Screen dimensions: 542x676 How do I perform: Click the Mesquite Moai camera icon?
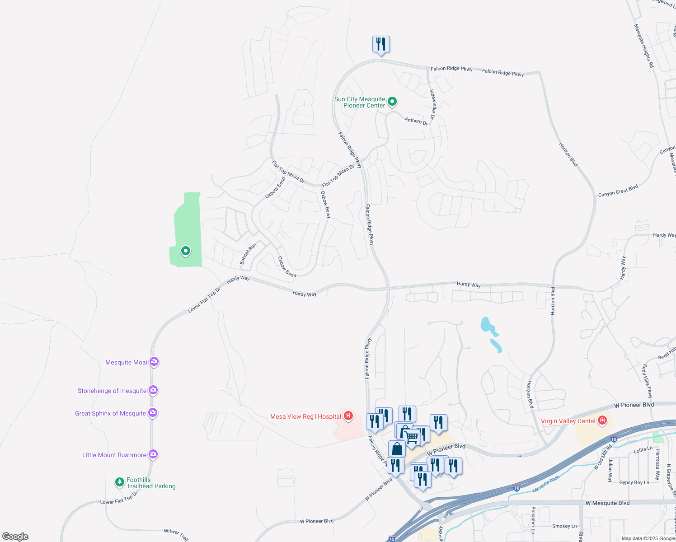click(154, 361)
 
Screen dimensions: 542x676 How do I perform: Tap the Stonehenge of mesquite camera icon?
click(153, 390)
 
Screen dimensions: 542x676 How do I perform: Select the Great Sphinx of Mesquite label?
click(111, 413)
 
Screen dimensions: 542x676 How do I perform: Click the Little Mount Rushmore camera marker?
click(153, 454)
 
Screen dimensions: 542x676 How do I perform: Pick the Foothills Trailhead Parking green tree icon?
click(119, 482)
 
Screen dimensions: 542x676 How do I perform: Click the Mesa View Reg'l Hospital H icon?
click(348, 416)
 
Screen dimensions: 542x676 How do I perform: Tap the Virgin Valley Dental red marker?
click(602, 421)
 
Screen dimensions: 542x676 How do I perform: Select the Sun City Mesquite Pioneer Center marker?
click(392, 101)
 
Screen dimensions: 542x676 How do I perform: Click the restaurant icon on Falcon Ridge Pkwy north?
click(381, 44)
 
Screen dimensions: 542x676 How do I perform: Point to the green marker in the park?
click(185, 251)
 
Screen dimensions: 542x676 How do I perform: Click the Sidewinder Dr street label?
click(432, 104)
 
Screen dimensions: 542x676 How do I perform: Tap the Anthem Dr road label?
click(416, 121)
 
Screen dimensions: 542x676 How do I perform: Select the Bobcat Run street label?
click(248, 254)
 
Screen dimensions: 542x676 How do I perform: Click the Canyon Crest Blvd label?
click(618, 191)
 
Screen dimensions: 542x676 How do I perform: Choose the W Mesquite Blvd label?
click(607, 503)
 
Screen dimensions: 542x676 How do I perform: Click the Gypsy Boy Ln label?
click(634, 482)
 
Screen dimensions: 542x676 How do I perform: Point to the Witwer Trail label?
click(176, 534)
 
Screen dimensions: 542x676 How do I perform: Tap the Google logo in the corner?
click(15, 536)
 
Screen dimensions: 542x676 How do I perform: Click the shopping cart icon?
click(411, 437)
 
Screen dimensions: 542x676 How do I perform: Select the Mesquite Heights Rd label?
click(644, 46)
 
